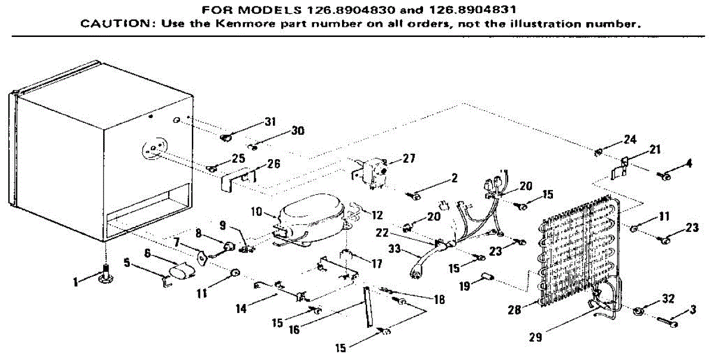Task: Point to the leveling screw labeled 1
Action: tap(105, 275)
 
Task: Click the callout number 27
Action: tap(409, 159)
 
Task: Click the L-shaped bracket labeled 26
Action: tap(238, 178)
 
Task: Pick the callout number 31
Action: tap(270, 123)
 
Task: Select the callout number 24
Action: tap(630, 139)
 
